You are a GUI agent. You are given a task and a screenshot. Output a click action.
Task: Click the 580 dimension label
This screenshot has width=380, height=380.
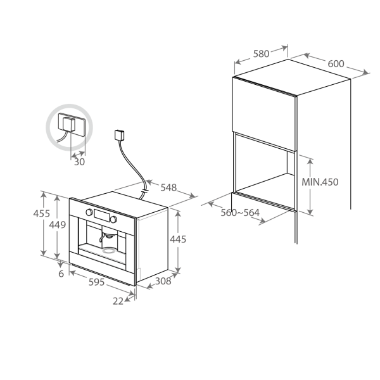click(x=261, y=54)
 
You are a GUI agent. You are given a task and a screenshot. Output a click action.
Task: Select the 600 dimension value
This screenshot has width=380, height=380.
click(x=336, y=64)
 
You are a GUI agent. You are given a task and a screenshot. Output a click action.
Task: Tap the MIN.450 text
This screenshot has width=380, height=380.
click(x=320, y=182)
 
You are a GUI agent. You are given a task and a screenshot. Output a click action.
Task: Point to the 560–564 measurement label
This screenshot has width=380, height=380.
click(x=239, y=213)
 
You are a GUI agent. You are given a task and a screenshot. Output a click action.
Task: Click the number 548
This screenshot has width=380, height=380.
click(x=168, y=187)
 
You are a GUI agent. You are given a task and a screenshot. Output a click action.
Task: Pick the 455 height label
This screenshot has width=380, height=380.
click(x=41, y=214)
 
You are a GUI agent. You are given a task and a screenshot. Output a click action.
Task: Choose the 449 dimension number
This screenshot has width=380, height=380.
click(x=57, y=224)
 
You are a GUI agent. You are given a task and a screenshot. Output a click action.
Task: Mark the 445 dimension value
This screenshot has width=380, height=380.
click(x=179, y=239)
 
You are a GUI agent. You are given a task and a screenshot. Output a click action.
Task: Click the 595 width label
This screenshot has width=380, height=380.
click(x=96, y=281)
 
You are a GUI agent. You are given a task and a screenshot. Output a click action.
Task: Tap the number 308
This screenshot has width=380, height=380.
click(x=163, y=281)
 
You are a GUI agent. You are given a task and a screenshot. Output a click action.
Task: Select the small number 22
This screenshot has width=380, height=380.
click(x=118, y=301)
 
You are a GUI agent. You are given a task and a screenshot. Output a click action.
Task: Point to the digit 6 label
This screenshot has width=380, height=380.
click(x=61, y=274)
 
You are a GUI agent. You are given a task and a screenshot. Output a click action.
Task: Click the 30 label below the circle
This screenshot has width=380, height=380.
click(x=79, y=162)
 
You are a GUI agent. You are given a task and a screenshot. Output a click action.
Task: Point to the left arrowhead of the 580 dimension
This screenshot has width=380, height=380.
click(x=237, y=62)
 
